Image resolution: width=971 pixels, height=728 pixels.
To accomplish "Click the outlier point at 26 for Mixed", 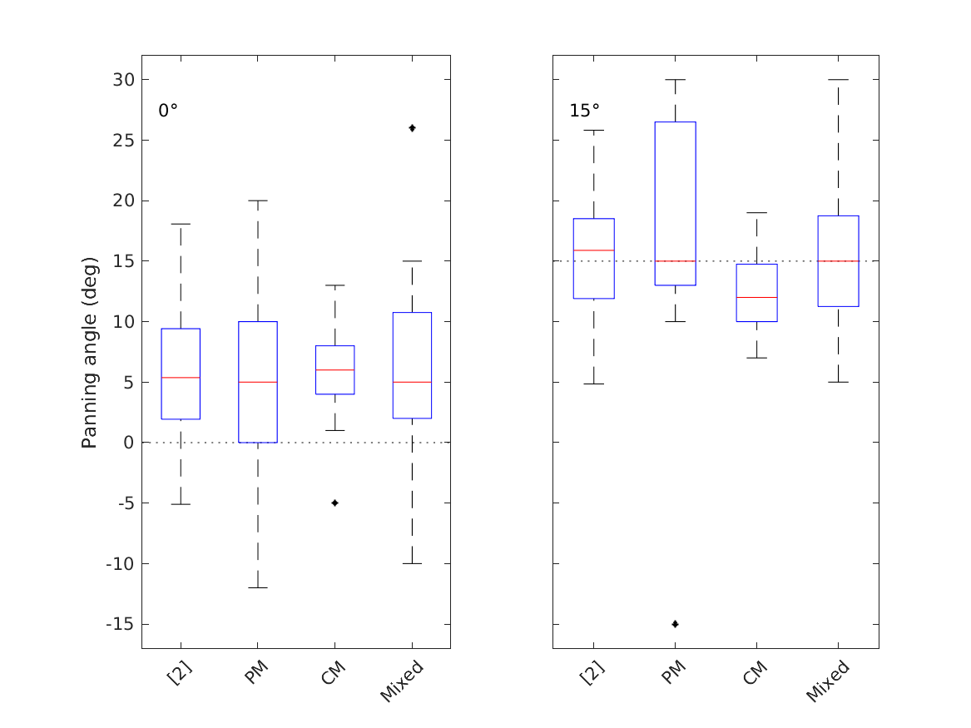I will (413, 128).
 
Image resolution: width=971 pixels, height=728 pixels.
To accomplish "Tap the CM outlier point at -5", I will (335, 503).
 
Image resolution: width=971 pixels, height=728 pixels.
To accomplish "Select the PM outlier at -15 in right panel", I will (675, 624).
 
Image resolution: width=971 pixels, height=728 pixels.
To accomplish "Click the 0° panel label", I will (168, 111).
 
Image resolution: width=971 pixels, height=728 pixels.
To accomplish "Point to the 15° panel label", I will (584, 111).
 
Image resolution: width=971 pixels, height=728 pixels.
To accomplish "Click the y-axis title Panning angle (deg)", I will (90, 353).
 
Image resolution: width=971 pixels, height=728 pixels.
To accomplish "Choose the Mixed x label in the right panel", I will (827, 681).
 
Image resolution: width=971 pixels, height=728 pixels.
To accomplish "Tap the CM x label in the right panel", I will (754, 671).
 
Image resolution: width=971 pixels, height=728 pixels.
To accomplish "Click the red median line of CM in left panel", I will (335, 369).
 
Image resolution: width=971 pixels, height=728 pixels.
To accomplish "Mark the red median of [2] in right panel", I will (594, 250).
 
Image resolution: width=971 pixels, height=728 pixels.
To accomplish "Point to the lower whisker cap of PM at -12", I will (258, 587).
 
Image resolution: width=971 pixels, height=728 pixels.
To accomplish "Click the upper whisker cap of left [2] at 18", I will (181, 224).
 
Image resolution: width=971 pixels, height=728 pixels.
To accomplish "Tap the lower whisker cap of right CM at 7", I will (756, 358).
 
